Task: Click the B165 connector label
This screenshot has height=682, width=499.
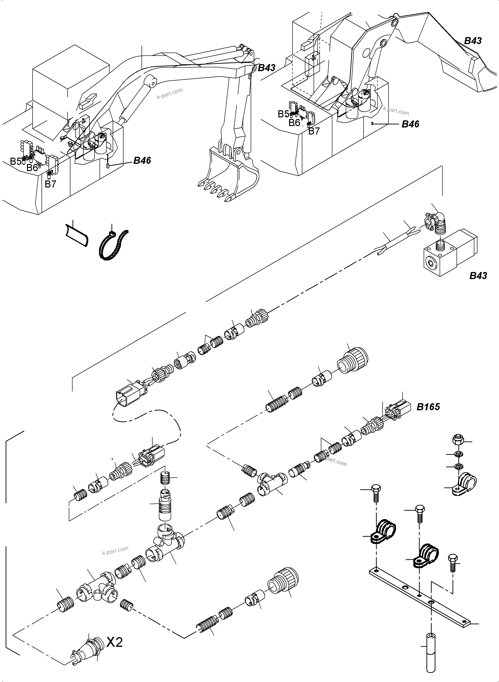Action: (428, 407)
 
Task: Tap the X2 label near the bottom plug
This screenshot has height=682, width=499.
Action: (115, 642)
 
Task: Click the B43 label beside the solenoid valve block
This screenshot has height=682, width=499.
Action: (478, 276)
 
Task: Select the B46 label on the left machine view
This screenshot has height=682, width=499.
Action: (142, 160)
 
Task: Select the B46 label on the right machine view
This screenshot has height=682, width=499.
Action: (410, 124)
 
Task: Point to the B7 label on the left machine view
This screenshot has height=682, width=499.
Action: (50, 184)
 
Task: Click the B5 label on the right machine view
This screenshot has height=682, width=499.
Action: (283, 114)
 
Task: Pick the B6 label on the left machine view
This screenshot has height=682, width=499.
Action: (32, 168)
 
